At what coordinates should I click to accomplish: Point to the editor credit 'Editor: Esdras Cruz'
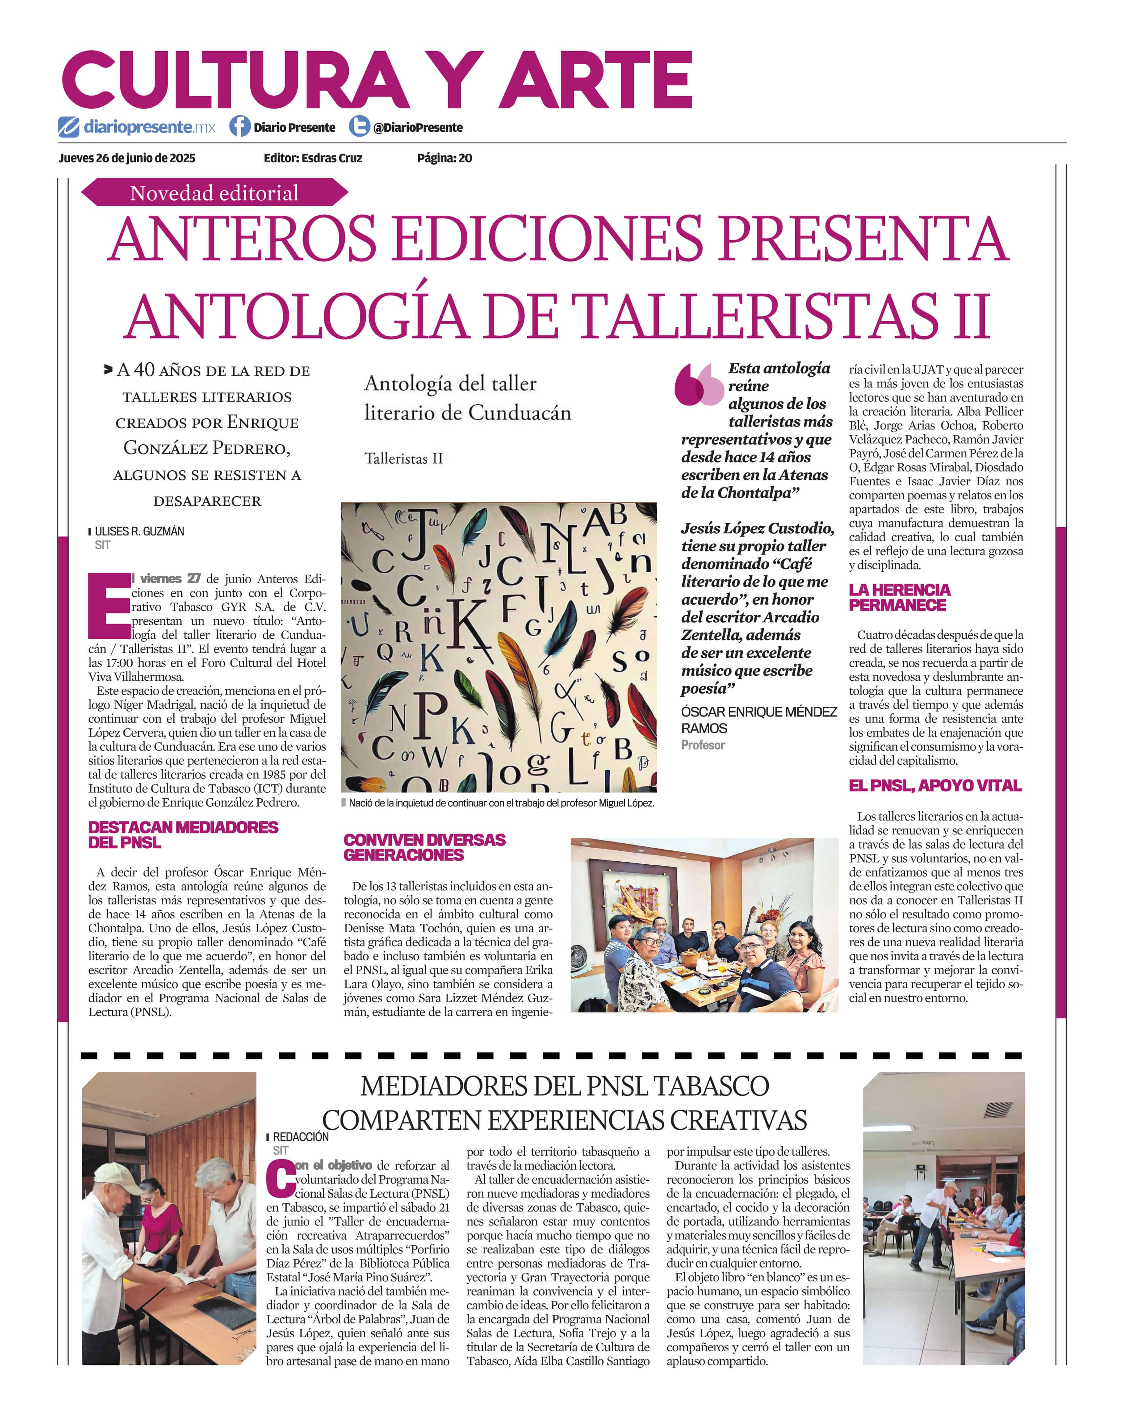click(x=313, y=158)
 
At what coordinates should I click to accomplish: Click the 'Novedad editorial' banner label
click(x=214, y=193)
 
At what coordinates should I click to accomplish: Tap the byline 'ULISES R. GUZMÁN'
click(x=139, y=531)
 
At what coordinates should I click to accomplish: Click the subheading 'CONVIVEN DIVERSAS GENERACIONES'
click(x=424, y=847)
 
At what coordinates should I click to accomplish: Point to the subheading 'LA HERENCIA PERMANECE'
click(x=899, y=597)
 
